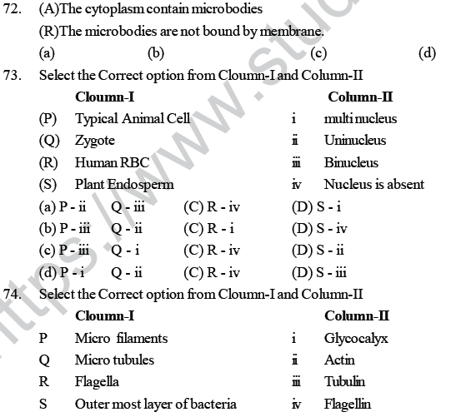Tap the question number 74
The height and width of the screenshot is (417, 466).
[15, 294]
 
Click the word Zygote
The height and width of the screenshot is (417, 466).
[94, 141]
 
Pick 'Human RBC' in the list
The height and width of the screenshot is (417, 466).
[106, 162]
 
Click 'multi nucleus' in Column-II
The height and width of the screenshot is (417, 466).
[361, 119]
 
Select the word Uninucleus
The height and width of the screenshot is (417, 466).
[355, 141]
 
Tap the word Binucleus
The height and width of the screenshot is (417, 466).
[351, 162]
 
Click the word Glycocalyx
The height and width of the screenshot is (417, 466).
[356, 338]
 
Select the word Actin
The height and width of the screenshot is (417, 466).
[339, 360]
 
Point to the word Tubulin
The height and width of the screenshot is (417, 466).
[344, 381]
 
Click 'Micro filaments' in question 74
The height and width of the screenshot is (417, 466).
[121, 338]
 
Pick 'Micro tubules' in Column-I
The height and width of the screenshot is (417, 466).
[114, 360]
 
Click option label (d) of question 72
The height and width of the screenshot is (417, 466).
[428, 54]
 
